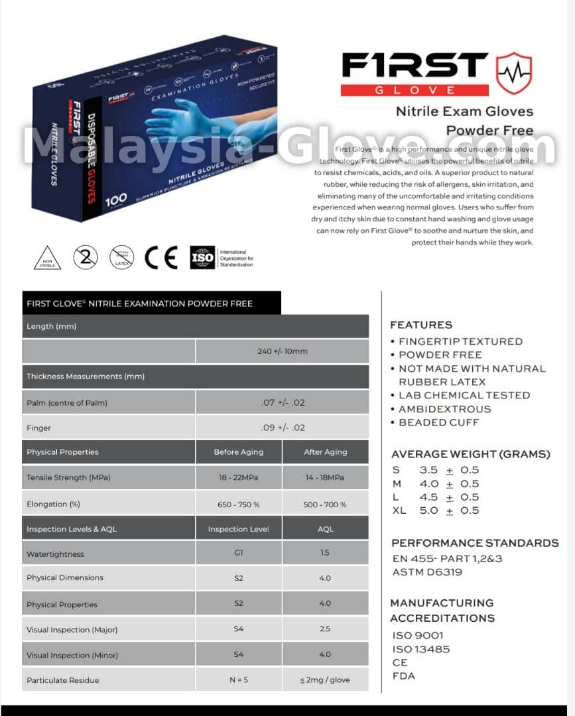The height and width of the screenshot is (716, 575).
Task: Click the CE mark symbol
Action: (x=161, y=257)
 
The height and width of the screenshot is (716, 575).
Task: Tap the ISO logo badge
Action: (x=202, y=257)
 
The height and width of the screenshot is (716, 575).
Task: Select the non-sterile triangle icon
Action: (x=47, y=257)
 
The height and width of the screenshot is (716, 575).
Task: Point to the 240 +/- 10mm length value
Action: (x=282, y=351)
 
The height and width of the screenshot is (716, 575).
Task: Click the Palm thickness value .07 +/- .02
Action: (x=283, y=402)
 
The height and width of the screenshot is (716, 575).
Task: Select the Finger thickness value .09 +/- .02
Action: (x=283, y=428)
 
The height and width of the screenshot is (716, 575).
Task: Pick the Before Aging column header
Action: (x=238, y=452)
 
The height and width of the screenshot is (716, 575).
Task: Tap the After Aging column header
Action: (x=325, y=452)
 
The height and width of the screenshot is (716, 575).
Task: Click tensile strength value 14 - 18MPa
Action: (x=325, y=477)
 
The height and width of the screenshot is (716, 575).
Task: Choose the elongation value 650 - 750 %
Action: (x=238, y=505)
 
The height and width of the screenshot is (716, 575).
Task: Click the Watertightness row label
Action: (x=55, y=554)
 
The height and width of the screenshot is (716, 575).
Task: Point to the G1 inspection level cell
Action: (x=238, y=552)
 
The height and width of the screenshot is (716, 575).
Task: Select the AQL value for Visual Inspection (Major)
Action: (x=325, y=628)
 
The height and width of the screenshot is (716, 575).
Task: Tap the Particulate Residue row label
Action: (x=62, y=680)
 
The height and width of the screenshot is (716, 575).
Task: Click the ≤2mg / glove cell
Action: (x=325, y=680)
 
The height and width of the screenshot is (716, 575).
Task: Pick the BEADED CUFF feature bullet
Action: (x=438, y=422)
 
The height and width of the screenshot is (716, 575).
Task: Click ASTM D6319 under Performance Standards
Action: (x=427, y=572)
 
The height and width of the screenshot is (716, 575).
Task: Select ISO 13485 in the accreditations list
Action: (x=421, y=649)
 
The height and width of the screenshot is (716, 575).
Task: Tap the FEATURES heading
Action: (x=421, y=325)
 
